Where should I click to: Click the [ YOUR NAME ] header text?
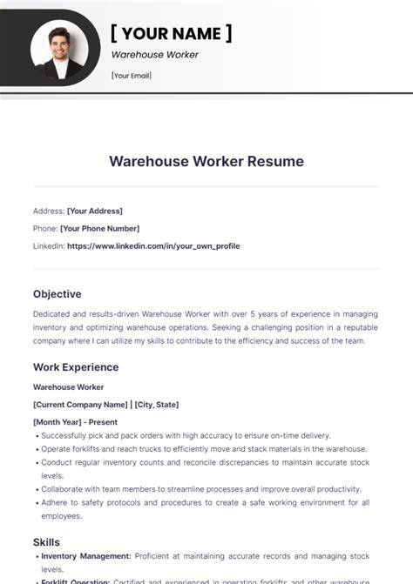click(172, 33)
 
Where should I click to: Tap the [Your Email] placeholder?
click(132, 76)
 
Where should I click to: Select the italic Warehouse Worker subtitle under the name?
click(155, 55)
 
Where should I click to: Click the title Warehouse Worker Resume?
click(206, 161)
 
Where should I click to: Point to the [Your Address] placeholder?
click(95, 211)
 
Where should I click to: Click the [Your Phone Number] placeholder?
click(99, 228)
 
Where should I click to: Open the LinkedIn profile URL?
click(153, 246)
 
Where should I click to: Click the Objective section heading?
click(58, 294)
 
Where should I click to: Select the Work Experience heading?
click(76, 367)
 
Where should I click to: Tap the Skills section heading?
click(47, 542)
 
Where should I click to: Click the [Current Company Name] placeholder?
click(80, 405)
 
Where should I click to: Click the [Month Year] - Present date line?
click(75, 422)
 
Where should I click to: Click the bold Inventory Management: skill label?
click(86, 555)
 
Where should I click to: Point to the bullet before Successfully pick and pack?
click(37, 435)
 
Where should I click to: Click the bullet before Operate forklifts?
click(37, 449)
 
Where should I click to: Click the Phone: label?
click(44, 228)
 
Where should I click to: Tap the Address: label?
click(48, 211)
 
